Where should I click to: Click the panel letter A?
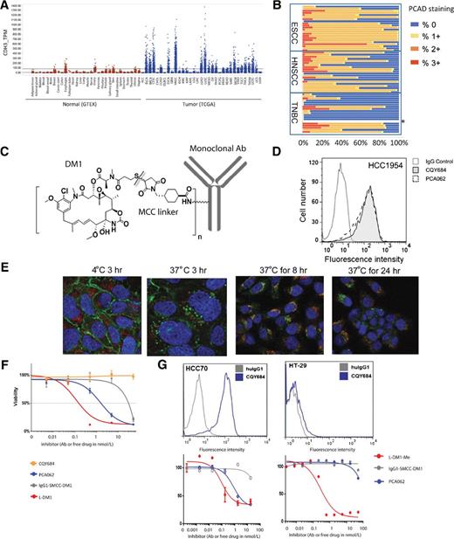(x=6, y=7)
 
